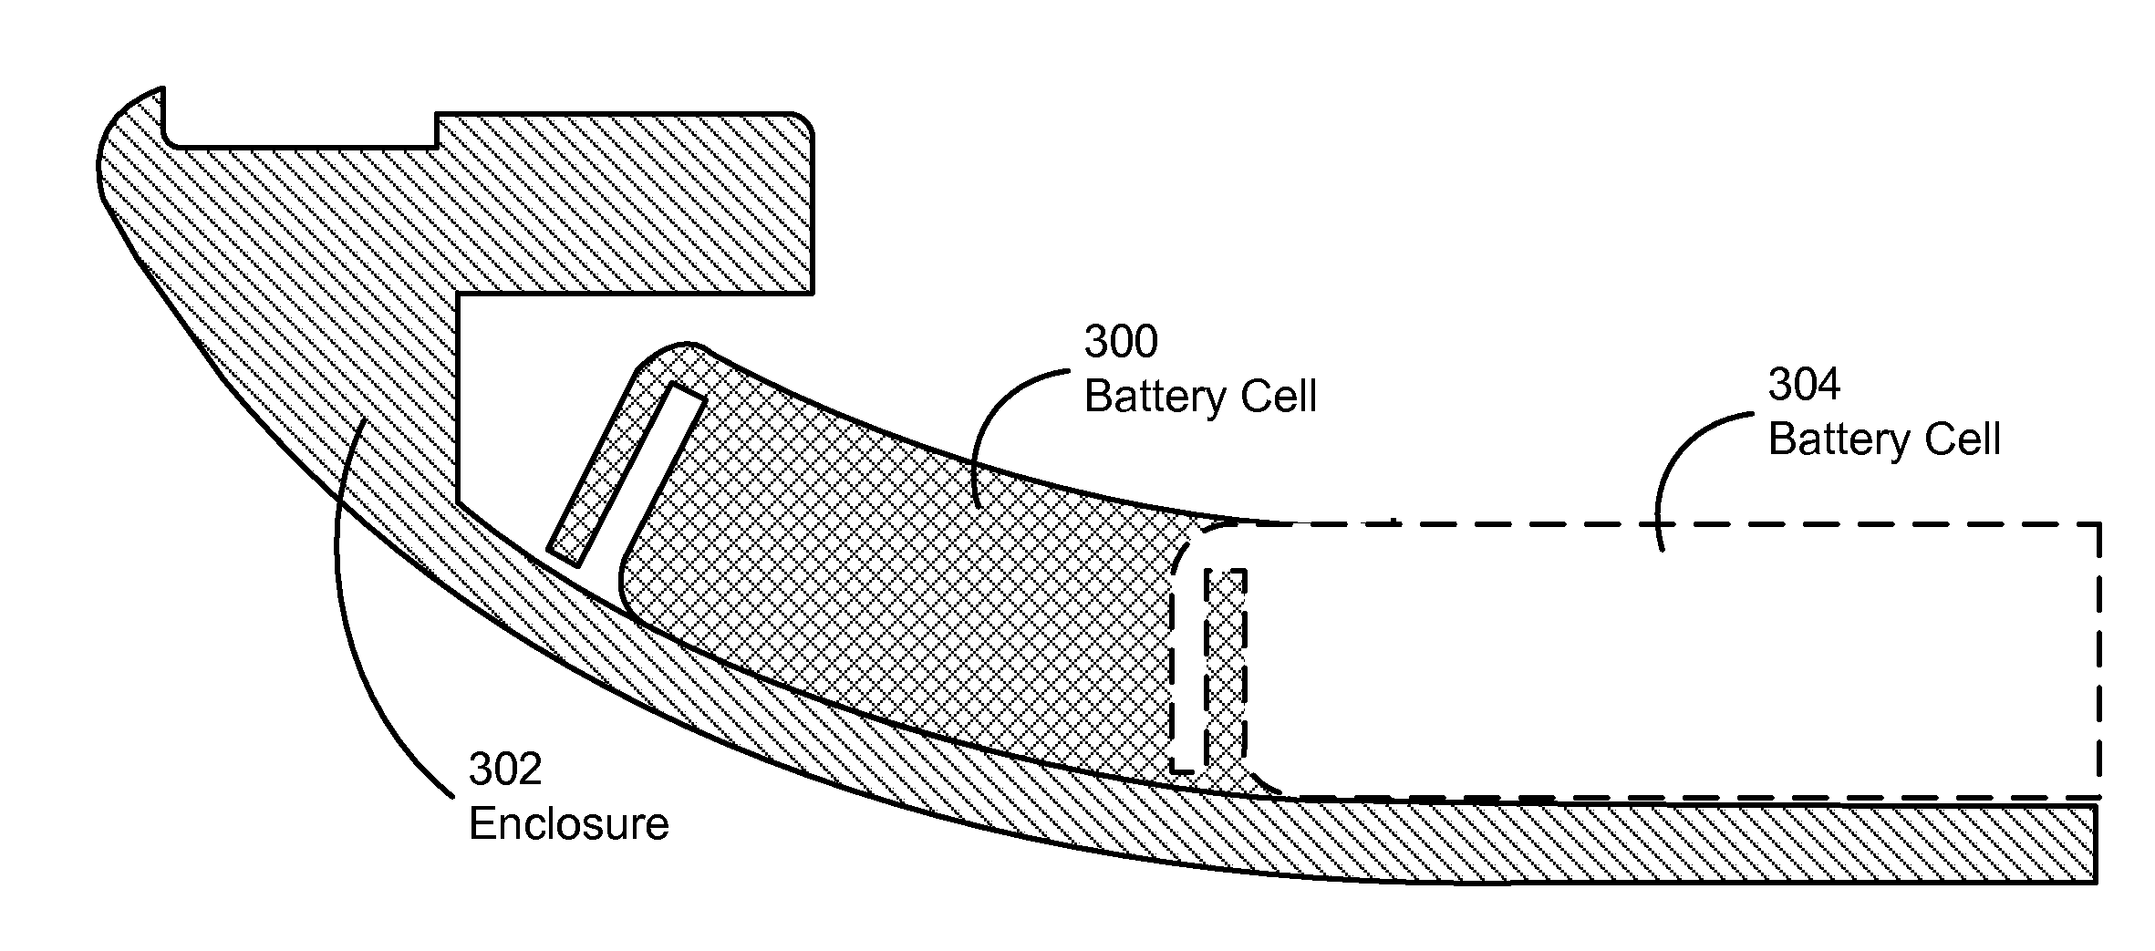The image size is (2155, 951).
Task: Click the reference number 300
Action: [x=1121, y=342]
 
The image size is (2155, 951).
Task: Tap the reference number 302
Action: [x=505, y=770]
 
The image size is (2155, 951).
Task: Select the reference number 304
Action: [x=1805, y=385]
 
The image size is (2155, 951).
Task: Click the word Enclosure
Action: [x=569, y=824]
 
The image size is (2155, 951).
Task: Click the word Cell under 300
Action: [x=1276, y=398]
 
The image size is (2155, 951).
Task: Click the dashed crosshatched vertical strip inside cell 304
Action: [x=1225, y=670]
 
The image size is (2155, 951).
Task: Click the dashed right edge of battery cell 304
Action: [x=2099, y=660]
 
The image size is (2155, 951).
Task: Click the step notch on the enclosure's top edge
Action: [x=437, y=130]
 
